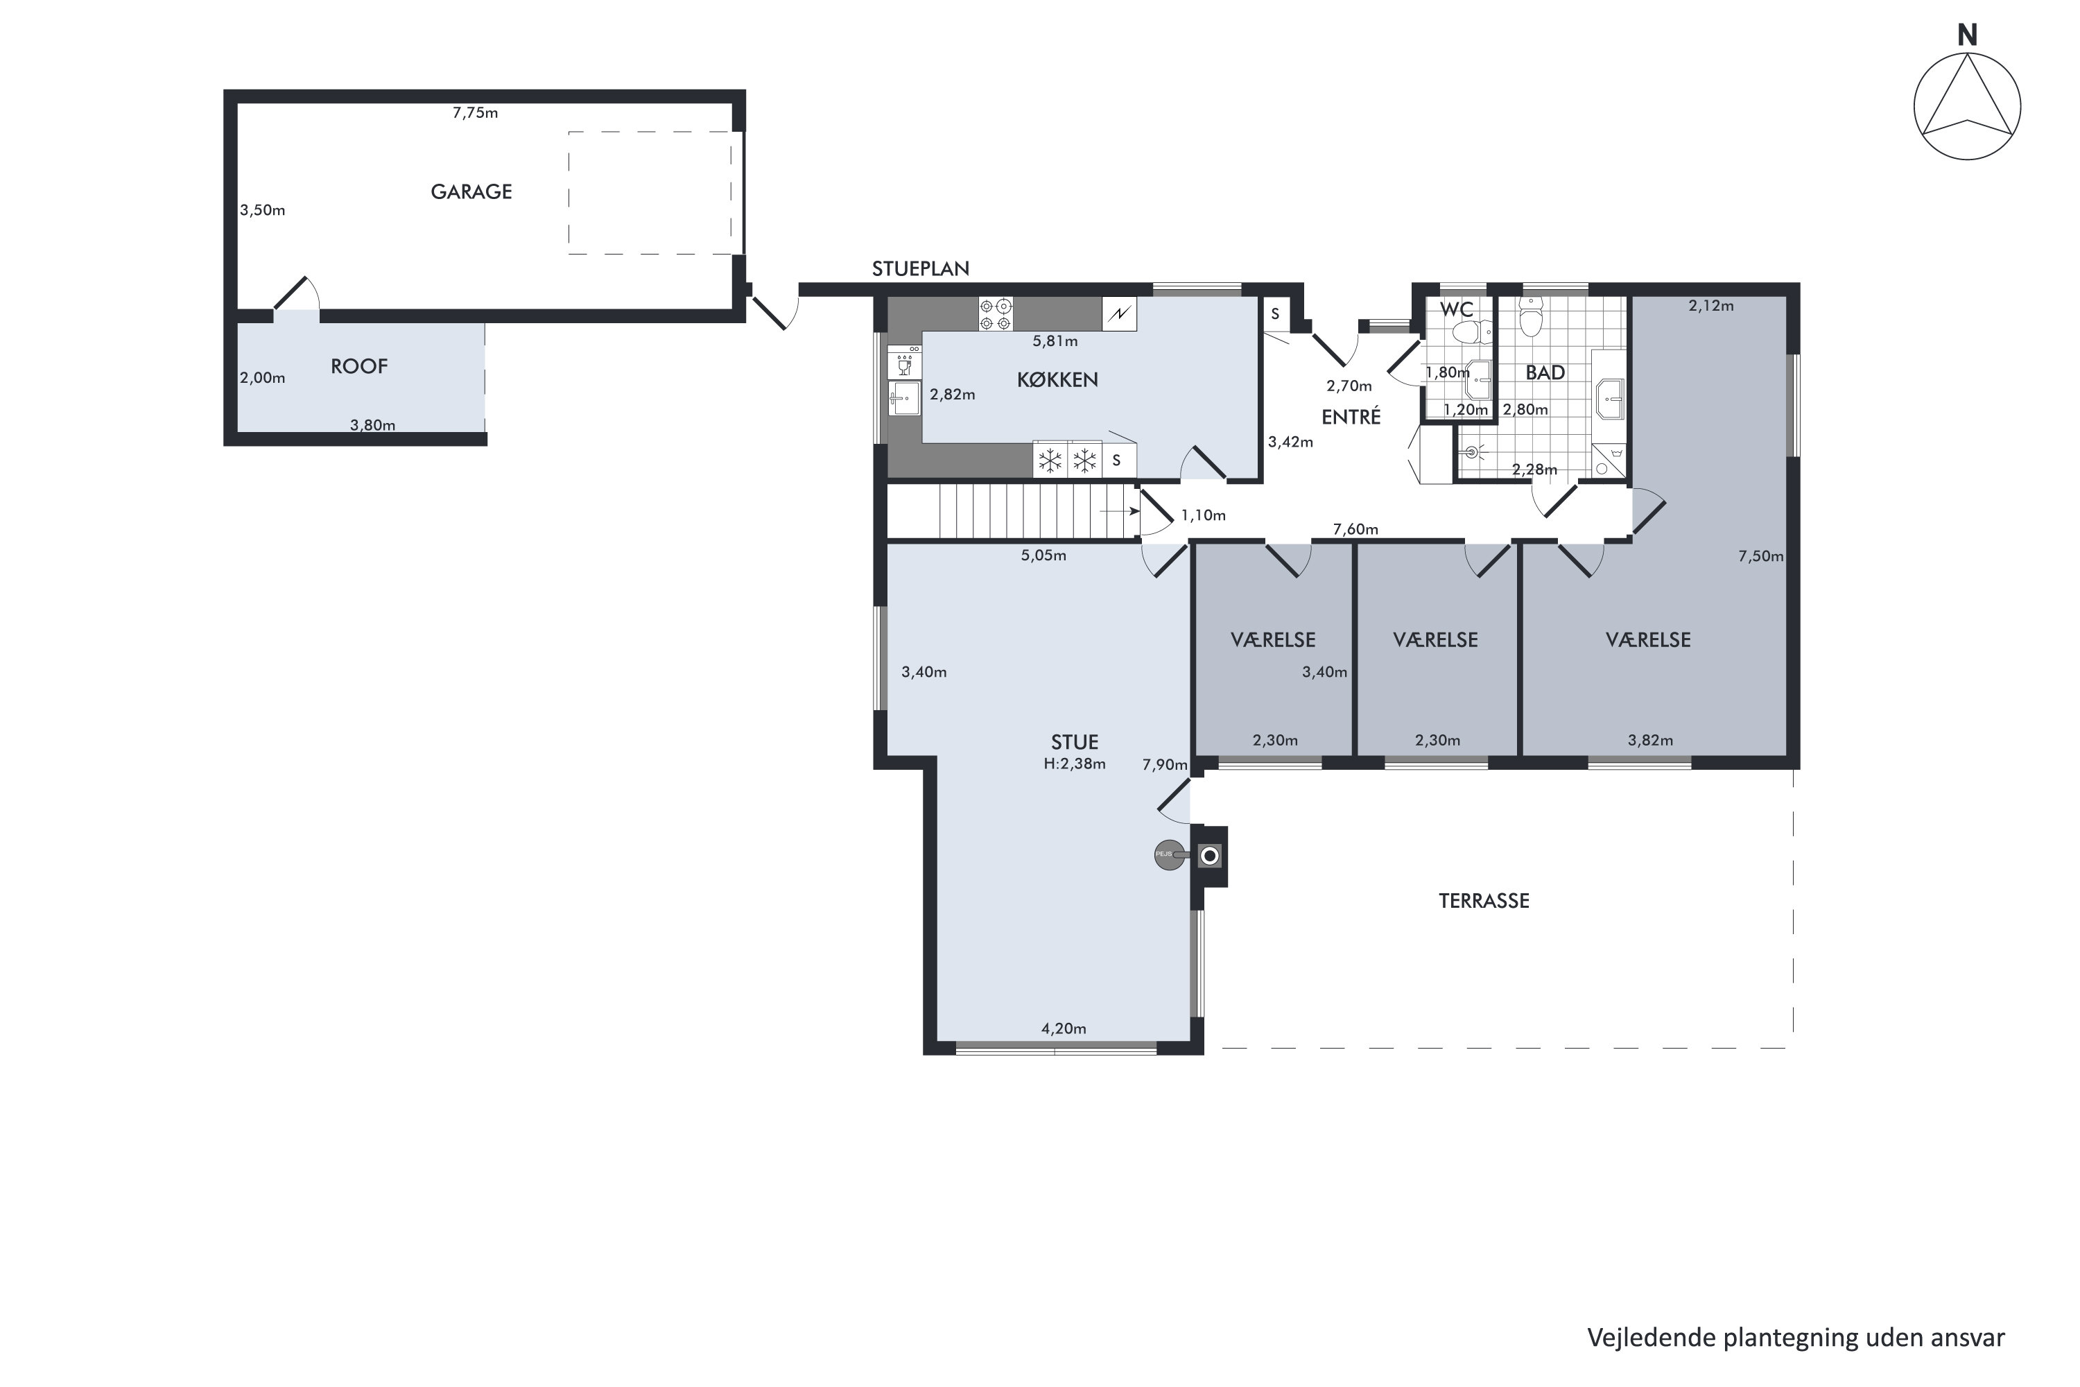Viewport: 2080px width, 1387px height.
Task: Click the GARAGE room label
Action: click(x=471, y=192)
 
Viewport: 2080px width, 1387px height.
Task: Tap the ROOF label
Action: click(x=359, y=366)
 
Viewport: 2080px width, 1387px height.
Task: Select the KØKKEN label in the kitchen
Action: click(x=1058, y=379)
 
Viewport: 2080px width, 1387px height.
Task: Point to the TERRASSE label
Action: click(x=1484, y=900)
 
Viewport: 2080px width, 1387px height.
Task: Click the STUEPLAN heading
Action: click(x=921, y=269)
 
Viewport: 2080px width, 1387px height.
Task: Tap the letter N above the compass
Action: click(x=1967, y=35)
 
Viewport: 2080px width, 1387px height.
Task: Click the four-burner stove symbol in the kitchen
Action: click(x=996, y=315)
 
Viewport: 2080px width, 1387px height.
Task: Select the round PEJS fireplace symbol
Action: click(x=1169, y=854)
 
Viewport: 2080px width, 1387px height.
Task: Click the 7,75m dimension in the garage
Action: click(x=475, y=112)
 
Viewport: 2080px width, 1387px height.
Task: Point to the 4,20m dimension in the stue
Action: click(x=1064, y=1028)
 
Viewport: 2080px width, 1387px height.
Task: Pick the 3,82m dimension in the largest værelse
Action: click(x=1650, y=741)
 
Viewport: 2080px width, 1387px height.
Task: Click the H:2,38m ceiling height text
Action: click(x=1075, y=764)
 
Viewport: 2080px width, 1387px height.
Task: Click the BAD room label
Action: click(x=1545, y=373)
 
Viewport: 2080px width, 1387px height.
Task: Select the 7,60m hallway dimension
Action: click(x=1355, y=529)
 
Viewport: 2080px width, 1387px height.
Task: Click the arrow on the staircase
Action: click(x=1120, y=511)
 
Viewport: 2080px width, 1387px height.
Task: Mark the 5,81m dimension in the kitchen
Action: click(x=1055, y=341)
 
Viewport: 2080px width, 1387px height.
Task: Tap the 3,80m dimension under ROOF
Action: click(x=372, y=426)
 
